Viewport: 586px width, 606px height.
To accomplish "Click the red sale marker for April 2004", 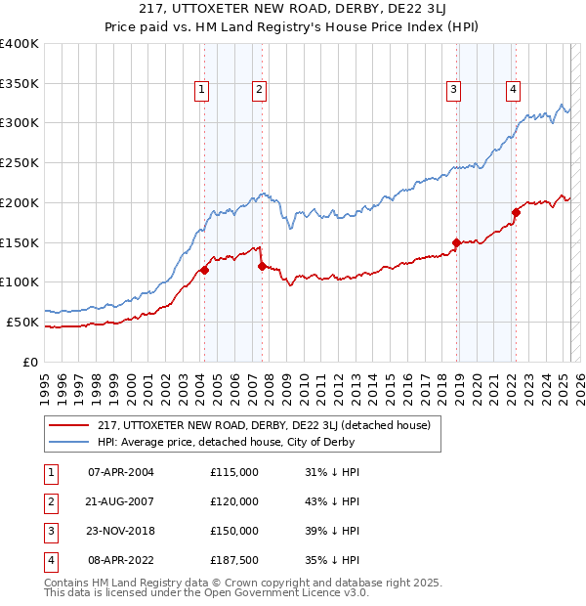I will click(204, 270).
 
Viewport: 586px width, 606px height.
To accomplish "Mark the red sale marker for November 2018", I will click(456, 241).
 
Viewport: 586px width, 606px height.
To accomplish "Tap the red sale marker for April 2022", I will click(515, 212).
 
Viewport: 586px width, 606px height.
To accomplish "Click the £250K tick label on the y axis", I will click(20, 162).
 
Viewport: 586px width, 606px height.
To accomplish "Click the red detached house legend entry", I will click(270, 425).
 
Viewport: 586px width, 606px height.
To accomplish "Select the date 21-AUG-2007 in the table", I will click(120, 501).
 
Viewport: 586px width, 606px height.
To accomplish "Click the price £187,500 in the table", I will click(234, 560).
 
